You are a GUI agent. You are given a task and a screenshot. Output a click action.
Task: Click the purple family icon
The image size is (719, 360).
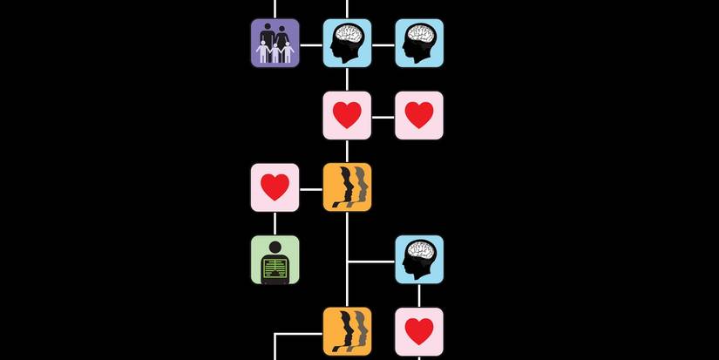tap(275, 43)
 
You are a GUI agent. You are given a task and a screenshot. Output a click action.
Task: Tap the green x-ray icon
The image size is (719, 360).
tap(275, 260)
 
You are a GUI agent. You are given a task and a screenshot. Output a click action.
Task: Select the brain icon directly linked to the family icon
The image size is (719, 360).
tap(347, 43)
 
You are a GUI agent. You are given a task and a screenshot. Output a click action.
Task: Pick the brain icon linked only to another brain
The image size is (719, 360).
tap(419, 43)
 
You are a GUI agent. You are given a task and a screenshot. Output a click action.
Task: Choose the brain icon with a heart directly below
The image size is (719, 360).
tap(419, 260)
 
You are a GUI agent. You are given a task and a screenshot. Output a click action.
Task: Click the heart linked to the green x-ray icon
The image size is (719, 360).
tap(275, 187)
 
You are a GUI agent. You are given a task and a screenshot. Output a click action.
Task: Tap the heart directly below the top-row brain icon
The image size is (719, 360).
tap(347, 115)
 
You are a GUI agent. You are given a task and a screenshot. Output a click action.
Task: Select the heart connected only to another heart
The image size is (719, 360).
tap(419, 115)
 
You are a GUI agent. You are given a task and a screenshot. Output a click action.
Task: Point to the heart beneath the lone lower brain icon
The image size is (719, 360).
tap(419, 331)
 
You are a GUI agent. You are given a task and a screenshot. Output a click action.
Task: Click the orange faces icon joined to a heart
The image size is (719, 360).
tap(347, 187)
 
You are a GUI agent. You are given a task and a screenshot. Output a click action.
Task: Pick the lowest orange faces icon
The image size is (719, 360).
tap(347, 331)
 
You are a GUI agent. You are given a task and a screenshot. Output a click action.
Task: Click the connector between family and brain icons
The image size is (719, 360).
tap(311, 44)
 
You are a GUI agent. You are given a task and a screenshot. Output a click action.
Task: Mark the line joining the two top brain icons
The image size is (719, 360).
tap(383, 44)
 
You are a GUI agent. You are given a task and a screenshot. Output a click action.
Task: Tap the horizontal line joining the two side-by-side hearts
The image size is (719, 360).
tap(383, 116)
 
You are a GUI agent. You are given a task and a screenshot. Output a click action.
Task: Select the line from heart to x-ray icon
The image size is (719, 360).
tap(275, 224)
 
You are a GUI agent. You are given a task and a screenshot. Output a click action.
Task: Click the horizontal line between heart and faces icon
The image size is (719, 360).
tap(311, 188)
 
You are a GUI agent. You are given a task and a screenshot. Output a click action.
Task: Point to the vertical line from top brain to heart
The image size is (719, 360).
tap(347, 79)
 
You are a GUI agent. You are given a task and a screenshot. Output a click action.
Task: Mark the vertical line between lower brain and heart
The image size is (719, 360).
tap(419, 295)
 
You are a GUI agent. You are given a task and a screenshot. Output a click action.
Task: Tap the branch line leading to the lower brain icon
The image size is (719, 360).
tap(371, 261)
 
